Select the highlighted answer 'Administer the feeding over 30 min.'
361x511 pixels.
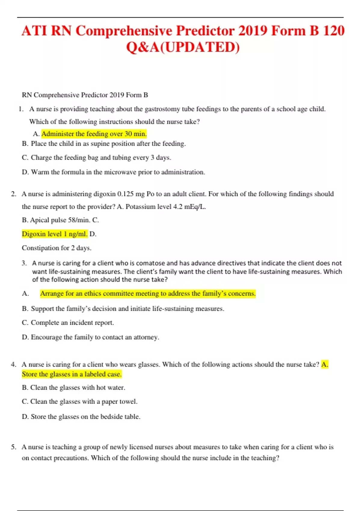94,134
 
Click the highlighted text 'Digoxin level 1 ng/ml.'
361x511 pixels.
54,234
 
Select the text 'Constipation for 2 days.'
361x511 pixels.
57,248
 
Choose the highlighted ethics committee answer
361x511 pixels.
148,293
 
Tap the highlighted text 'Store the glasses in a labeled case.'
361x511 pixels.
72,374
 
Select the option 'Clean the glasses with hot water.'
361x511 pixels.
77,388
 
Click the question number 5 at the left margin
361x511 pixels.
14,447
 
